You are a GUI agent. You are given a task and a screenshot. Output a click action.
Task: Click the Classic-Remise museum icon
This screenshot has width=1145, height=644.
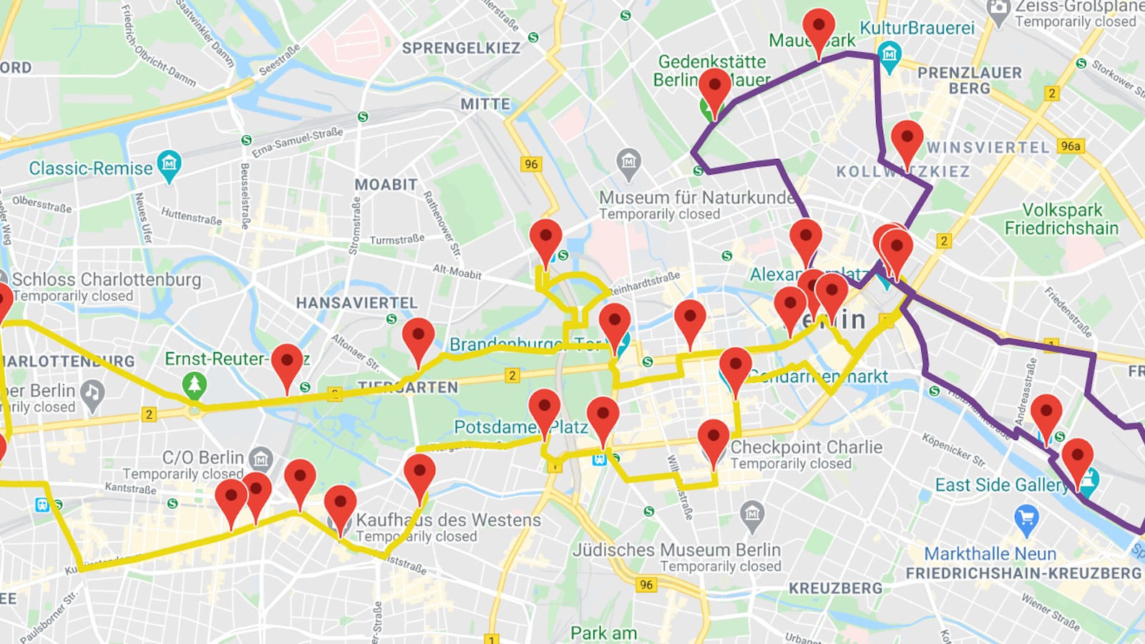pyautogui.click(x=169, y=165)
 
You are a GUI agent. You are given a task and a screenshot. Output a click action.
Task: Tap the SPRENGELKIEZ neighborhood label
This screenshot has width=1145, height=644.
pyautogui.click(x=461, y=49)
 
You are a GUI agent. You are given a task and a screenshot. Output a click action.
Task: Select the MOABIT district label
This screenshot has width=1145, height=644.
pyautogui.click(x=386, y=185)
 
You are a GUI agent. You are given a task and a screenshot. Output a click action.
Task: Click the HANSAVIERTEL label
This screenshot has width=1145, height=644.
pyautogui.click(x=356, y=303)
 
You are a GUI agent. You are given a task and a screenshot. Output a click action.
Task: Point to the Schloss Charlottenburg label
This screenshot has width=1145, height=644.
pyautogui.click(x=106, y=280)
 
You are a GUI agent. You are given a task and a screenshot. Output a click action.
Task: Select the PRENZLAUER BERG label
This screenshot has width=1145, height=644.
pyautogui.click(x=970, y=80)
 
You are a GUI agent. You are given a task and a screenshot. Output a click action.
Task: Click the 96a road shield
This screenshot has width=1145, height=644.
pyautogui.click(x=1071, y=146)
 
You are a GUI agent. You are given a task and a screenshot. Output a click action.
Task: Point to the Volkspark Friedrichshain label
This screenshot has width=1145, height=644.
pyautogui.click(x=1062, y=219)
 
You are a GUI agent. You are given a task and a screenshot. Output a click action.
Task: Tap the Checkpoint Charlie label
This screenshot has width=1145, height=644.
pyautogui.click(x=806, y=447)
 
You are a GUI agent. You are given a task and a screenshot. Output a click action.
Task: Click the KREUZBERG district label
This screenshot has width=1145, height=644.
pyautogui.click(x=835, y=588)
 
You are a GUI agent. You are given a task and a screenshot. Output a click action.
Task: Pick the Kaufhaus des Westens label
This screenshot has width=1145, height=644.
pyautogui.click(x=448, y=520)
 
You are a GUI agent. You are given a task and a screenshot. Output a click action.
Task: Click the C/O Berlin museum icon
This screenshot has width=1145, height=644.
pyautogui.click(x=261, y=458)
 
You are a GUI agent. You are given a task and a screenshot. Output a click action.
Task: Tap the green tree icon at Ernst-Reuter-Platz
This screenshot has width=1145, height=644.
pyautogui.click(x=194, y=384)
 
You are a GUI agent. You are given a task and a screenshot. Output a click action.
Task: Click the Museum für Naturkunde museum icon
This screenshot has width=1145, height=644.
pyautogui.click(x=628, y=162)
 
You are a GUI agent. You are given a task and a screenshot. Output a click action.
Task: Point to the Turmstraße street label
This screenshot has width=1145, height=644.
pyautogui.click(x=396, y=240)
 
